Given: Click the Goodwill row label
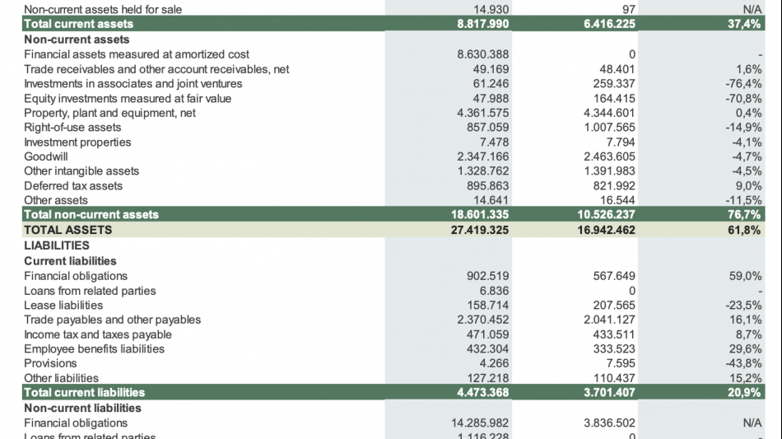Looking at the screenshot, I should tap(46, 156).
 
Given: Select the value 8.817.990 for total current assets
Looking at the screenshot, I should tap(483, 24).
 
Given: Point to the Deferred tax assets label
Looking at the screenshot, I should tap(73, 185).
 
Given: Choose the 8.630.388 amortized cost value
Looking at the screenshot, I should tap(483, 54).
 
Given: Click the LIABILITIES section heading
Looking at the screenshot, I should tap(57, 245).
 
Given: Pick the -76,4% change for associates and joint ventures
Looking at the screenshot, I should tap(743, 83).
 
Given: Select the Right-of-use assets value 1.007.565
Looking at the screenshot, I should tap(609, 128).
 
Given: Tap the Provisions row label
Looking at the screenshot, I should tap(50, 363).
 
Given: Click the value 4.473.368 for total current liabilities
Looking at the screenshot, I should tap(483, 393).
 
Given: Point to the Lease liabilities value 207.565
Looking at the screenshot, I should tap(613, 305).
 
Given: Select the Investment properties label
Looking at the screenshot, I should tap(77, 142).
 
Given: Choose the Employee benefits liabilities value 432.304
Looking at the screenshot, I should tap(488, 349).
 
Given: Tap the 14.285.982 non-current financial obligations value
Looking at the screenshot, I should tap(480, 423).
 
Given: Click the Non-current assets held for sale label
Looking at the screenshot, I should tap(103, 9).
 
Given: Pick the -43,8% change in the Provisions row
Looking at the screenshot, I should tap(743, 363).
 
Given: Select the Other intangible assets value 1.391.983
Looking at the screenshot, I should tap(609, 171).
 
